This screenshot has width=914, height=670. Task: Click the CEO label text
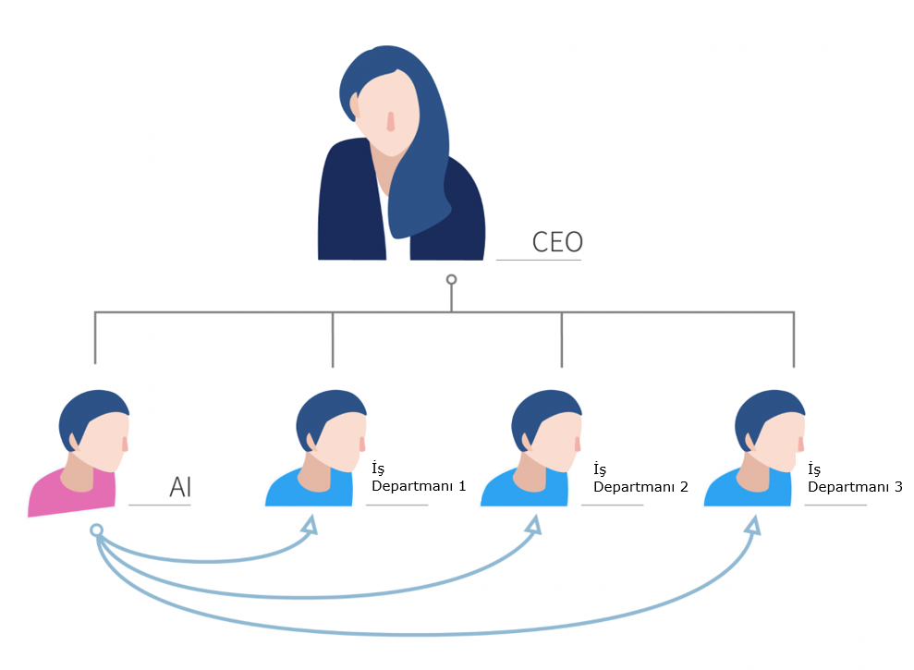(x=557, y=242)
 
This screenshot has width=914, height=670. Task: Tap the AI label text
(x=180, y=487)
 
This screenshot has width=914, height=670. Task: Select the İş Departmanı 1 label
(x=418, y=478)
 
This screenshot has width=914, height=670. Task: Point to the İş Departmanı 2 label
(x=640, y=478)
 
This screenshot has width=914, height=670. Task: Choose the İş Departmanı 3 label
(x=854, y=478)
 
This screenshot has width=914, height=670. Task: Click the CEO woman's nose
(x=391, y=121)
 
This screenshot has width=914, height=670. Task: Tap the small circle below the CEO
(x=451, y=279)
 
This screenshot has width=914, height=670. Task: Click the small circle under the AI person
(x=96, y=530)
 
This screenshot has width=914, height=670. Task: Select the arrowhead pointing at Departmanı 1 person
(x=310, y=526)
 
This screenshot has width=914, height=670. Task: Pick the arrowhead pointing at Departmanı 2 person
(x=532, y=526)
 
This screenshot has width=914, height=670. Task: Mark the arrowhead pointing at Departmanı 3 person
(x=752, y=526)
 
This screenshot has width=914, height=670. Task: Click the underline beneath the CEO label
(x=539, y=261)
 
